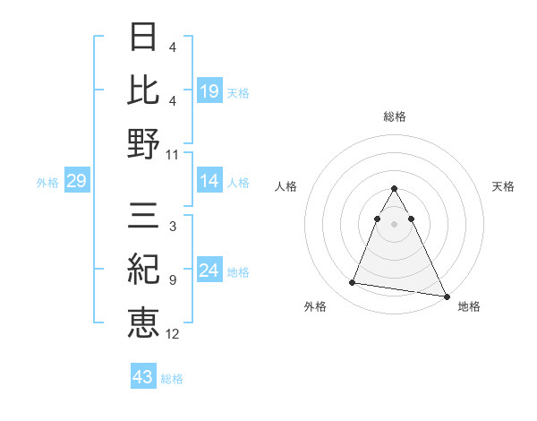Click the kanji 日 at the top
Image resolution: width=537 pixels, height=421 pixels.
click(143, 38)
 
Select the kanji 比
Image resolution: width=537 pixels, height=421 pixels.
click(143, 90)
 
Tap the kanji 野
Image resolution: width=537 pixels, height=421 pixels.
click(143, 143)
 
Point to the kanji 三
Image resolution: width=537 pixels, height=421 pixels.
click(143, 216)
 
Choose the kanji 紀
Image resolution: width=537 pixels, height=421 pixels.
click(143, 269)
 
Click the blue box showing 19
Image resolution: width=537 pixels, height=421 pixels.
click(209, 90)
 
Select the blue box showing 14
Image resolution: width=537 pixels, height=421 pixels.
click(209, 182)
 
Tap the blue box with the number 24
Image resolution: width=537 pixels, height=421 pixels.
click(209, 271)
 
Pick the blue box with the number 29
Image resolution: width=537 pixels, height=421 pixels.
click(76, 182)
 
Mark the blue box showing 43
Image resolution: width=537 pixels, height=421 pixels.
click(143, 377)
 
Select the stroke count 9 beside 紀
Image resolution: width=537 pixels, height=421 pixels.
click(172, 280)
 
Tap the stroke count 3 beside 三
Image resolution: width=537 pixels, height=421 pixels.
click(172, 228)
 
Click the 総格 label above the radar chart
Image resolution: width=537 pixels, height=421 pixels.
click(394, 116)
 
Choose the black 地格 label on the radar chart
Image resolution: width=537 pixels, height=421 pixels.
click(469, 306)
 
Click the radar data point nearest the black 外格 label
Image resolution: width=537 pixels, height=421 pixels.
click(353, 283)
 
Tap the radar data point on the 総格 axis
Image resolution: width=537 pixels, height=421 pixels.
click(394, 188)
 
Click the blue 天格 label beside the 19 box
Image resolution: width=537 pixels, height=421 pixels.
click(238, 92)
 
